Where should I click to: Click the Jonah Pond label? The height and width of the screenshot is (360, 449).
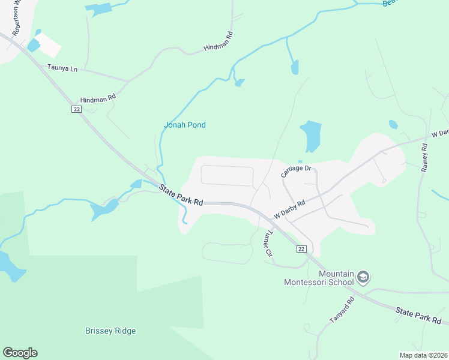click(185, 125)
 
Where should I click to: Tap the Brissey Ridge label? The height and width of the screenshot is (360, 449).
click(110, 331)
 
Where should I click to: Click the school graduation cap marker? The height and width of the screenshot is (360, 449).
click(363, 277)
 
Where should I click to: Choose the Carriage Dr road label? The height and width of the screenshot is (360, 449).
click(297, 172)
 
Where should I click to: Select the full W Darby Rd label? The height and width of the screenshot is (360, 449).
click(290, 210)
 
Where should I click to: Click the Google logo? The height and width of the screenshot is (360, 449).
click(20, 353)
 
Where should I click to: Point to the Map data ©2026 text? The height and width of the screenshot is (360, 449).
click(423, 355)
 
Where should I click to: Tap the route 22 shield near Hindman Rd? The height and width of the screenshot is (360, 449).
click(76, 109)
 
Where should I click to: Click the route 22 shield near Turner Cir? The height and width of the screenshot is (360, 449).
click(301, 249)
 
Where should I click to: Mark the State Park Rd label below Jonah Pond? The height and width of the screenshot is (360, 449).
click(181, 196)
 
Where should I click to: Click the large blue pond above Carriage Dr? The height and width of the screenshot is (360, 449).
click(310, 136)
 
